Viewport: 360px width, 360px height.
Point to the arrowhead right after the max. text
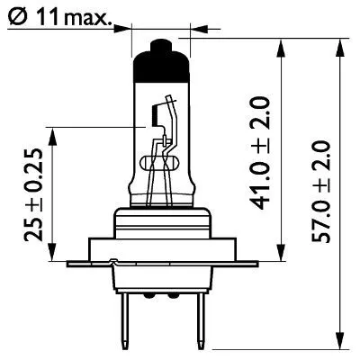pyautogui.click(x=127, y=27)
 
